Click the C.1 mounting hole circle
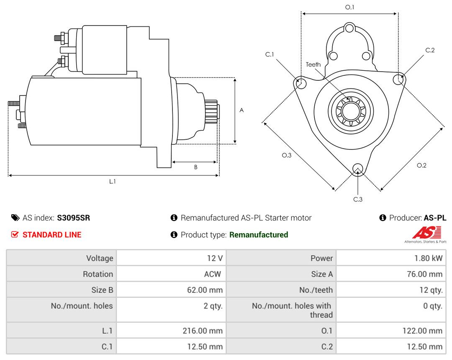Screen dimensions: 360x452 click(300, 83)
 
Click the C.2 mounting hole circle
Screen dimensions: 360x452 click(399, 79)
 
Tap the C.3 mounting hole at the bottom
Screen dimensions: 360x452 click(357, 169)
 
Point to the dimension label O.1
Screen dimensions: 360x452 click(349, 7)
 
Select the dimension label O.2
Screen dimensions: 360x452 click(421, 165)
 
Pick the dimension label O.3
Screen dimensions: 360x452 click(286, 155)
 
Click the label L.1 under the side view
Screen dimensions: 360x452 click(113, 181)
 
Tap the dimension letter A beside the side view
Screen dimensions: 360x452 click(241, 111)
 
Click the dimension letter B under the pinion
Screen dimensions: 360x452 click(195, 167)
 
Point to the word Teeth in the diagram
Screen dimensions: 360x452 click(313, 64)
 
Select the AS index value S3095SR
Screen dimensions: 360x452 click(74, 218)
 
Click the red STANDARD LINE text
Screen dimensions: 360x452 click(52, 235)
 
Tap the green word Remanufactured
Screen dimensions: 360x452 click(259, 235)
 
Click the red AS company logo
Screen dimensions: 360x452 click(426, 233)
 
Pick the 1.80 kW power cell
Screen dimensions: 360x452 click(428, 258)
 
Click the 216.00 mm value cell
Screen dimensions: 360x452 click(203, 331)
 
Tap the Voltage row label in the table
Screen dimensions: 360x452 click(100, 258)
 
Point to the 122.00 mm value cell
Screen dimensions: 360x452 click(422, 331)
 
